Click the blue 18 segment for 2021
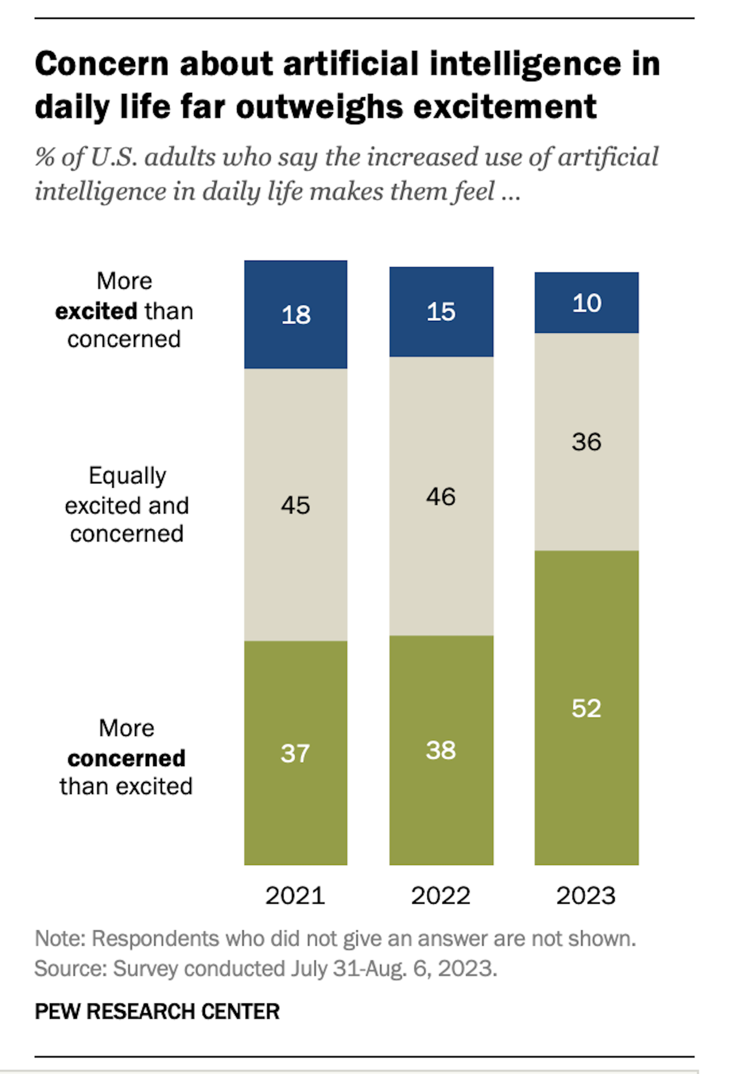(295, 314)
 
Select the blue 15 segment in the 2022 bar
(441, 312)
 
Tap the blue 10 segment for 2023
(586, 303)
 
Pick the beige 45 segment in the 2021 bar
(295, 504)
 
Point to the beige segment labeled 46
(441, 496)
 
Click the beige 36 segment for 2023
(586, 441)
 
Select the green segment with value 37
(295, 753)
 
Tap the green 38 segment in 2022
(441, 750)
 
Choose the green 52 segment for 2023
(586, 708)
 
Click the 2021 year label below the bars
(295, 895)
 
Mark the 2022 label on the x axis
(440, 895)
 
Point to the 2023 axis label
(586, 895)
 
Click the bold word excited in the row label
(96, 311)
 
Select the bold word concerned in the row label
(126, 758)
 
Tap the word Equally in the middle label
(127, 476)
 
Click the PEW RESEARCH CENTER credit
(157, 1011)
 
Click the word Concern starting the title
(102, 64)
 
